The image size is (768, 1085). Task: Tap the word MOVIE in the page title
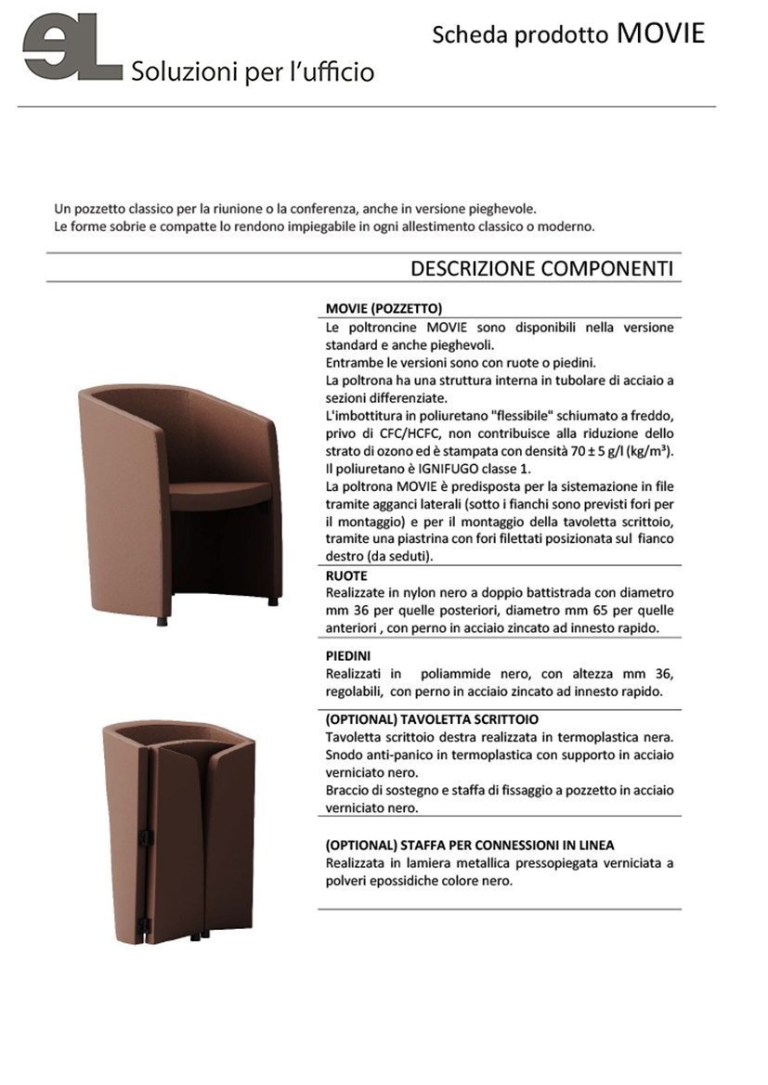pyautogui.click(x=660, y=34)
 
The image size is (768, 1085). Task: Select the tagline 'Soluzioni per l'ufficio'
pyautogui.click(x=253, y=71)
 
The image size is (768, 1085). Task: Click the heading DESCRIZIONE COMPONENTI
pyautogui.click(x=541, y=268)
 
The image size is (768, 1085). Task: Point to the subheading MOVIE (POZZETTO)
pyautogui.click(x=384, y=308)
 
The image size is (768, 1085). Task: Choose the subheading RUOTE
pyautogui.click(x=346, y=575)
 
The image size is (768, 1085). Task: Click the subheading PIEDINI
pyautogui.click(x=349, y=654)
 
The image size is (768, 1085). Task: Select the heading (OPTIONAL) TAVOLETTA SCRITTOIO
pyautogui.click(x=432, y=718)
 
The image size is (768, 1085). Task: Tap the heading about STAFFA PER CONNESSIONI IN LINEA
pyautogui.click(x=469, y=845)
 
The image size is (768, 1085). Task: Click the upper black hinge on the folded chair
pyautogui.click(x=144, y=838)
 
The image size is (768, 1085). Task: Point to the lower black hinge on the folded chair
pyautogui.click(x=144, y=924)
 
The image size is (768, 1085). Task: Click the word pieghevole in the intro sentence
pyautogui.click(x=502, y=209)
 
